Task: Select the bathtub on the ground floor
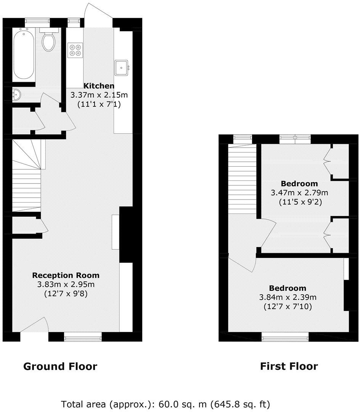24,55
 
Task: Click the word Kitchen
99,85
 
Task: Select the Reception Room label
66,275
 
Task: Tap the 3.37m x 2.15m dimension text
99,95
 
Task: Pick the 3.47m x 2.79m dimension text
299,193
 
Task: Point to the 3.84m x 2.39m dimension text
288,297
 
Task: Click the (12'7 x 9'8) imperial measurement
66,294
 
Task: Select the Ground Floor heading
60,367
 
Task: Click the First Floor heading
289,367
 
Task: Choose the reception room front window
83,336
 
